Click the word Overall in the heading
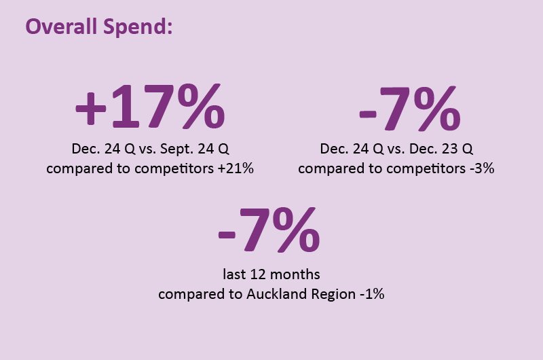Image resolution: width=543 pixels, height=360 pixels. (61, 26)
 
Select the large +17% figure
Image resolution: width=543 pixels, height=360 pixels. (151, 107)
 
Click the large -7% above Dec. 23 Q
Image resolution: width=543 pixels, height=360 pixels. (410, 109)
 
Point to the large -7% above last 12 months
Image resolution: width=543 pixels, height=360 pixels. (269, 230)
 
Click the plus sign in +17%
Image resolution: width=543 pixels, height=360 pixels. (90, 108)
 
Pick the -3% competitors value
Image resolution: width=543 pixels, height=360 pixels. (482, 168)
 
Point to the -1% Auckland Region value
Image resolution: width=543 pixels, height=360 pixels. (372, 294)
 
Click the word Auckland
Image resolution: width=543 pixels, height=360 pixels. (277, 294)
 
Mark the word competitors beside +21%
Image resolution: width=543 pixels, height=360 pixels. (174, 169)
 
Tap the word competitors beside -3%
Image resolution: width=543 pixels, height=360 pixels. (426, 169)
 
